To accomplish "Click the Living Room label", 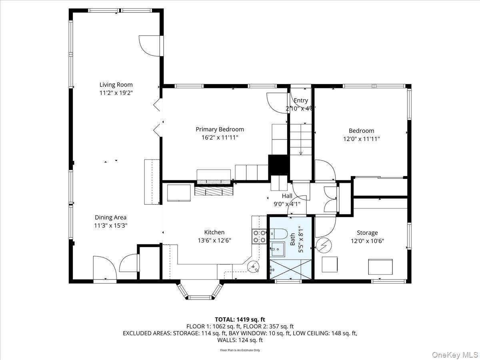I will pos(116,84).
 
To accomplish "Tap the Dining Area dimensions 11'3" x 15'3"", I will pos(111,225).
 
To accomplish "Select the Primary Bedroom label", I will pos(220,129).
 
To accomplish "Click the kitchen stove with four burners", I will pos(259,236).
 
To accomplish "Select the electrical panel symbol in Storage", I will pos(322,245).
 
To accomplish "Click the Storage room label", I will pos(367,232).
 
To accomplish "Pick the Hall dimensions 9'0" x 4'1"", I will pos(287,204).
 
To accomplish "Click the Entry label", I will pos(301,100).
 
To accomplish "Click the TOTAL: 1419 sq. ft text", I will pos(240,319).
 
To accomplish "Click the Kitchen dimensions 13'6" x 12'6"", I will pos(214,240).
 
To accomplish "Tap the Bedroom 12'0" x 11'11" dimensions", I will pos(361,139).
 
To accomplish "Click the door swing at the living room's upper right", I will pos(148,45).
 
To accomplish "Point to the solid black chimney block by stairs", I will pos(278,164).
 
